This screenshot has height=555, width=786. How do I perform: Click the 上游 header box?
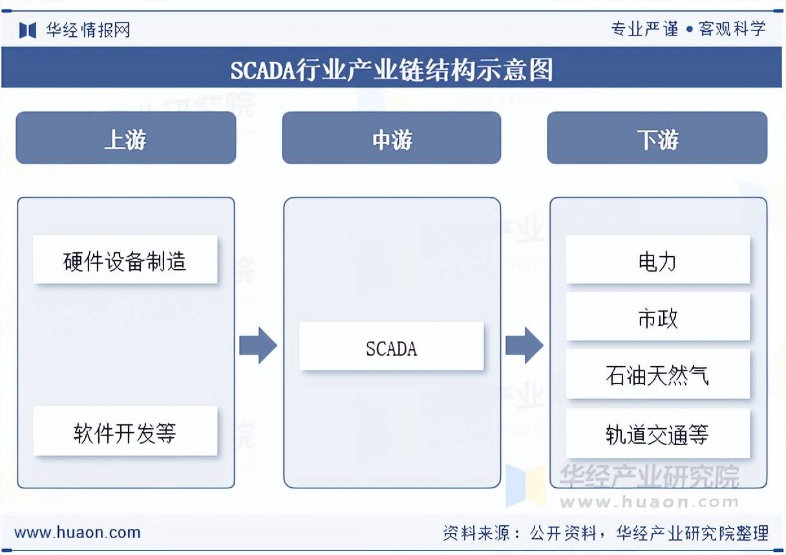click(x=125, y=138)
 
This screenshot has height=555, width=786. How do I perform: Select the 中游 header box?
click(x=391, y=138)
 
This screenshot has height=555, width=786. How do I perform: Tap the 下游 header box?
click(x=657, y=138)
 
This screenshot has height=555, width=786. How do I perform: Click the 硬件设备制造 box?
click(x=125, y=259)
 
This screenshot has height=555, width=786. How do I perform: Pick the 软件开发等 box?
click(x=125, y=431)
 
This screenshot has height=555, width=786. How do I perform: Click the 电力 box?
click(x=657, y=259)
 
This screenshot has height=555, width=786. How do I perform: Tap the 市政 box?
click(x=657, y=316)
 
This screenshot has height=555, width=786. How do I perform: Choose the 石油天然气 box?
click(x=657, y=374)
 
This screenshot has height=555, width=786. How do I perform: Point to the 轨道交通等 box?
click(x=657, y=433)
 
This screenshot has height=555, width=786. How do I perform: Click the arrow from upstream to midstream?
click(x=258, y=345)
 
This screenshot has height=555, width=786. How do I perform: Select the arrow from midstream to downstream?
click(x=524, y=345)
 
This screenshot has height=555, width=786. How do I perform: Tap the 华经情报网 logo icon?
click(x=28, y=30)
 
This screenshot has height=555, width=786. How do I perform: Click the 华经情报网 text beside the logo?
click(x=88, y=30)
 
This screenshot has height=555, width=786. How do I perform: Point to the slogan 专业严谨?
click(x=644, y=29)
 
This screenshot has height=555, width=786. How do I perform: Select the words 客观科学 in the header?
click(x=732, y=29)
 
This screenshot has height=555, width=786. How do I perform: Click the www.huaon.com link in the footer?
click(x=78, y=533)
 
